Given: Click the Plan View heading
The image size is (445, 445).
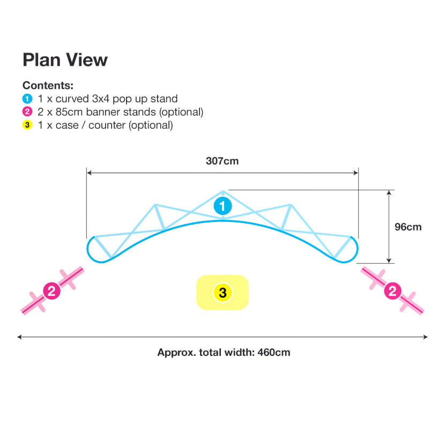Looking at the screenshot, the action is (65, 60).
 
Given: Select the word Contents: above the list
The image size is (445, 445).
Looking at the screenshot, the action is (48, 85).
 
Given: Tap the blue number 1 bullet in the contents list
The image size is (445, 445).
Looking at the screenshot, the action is (27, 99).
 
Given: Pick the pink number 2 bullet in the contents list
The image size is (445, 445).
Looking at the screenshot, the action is (27, 112).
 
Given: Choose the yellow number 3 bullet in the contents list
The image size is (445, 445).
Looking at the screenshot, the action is (27, 125).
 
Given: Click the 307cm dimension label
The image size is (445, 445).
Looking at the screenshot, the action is (222, 161).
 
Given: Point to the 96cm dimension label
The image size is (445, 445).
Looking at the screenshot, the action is (408, 227).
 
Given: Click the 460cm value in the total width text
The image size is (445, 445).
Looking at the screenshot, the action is (274, 352).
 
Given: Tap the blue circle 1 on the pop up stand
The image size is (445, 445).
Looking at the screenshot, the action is (223, 206).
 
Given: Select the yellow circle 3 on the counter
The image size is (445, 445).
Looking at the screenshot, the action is (223, 293).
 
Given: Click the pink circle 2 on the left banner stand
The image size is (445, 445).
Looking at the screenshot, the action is (51, 291).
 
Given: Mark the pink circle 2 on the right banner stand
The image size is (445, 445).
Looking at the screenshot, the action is (392, 291).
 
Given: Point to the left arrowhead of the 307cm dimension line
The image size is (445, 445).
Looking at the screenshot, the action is (89, 173).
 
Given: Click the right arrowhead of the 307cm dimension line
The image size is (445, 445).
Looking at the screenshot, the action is (356, 173).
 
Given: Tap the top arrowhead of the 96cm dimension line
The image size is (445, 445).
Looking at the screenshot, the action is (389, 192).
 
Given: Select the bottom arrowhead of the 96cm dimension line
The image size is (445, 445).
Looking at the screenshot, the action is (389, 261).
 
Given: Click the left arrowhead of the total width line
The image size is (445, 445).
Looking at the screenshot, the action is (19, 337).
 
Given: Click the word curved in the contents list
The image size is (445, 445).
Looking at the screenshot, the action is (72, 99).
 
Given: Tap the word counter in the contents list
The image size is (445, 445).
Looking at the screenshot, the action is (107, 125).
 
